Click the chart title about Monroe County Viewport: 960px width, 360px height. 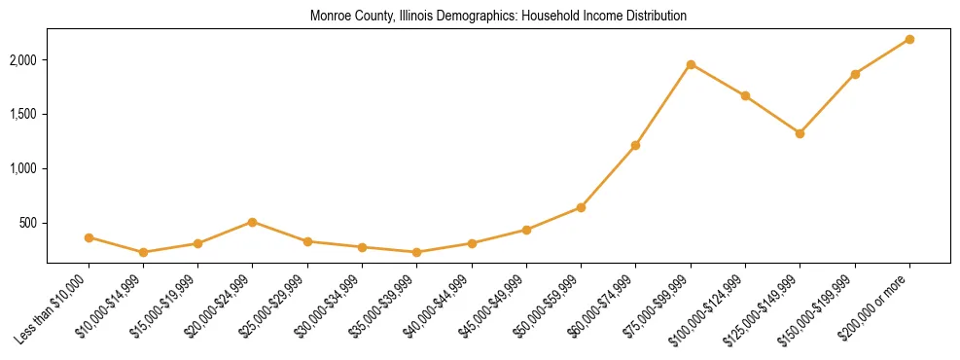498,17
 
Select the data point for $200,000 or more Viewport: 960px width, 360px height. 909,39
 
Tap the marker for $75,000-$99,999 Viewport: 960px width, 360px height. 691,64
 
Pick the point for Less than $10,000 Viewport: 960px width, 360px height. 89,237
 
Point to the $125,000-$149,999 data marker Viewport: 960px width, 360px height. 800,133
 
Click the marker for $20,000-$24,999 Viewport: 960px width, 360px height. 253,222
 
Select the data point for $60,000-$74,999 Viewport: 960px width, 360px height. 635,145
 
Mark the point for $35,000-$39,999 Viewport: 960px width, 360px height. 416,252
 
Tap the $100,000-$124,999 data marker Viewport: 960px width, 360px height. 745,95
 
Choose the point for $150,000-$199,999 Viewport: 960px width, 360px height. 855,74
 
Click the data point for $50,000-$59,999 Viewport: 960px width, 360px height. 581,207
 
